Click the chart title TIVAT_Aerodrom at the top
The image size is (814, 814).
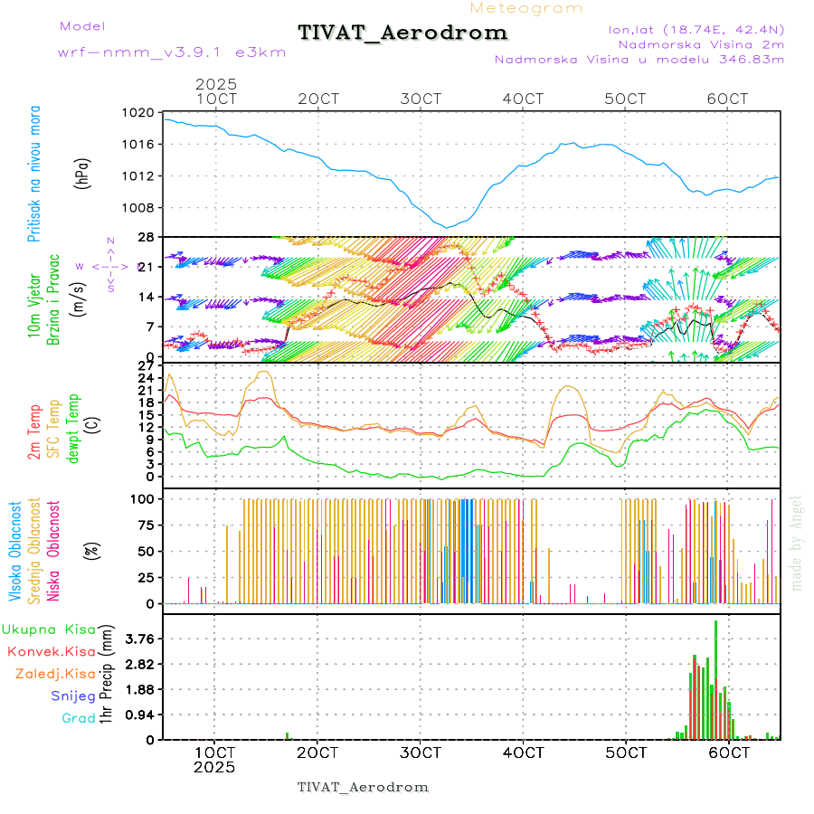pos(402,33)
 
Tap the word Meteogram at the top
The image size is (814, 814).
pos(526,8)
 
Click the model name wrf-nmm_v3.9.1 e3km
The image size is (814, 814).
pos(172,52)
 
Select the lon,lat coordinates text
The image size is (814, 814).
pos(696,29)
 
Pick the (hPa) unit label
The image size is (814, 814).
pos(83,173)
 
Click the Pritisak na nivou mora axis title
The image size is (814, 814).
pos(33,173)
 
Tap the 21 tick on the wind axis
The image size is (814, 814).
pos(145,267)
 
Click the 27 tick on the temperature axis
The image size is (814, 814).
pos(145,366)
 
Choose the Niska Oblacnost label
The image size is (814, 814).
pos(54,550)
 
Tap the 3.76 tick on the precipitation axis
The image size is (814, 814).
pos(140,639)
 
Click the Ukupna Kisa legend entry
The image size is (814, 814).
pos(49,629)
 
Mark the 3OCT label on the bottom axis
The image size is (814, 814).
pos(421,752)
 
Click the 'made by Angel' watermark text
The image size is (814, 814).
pos(797,543)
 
